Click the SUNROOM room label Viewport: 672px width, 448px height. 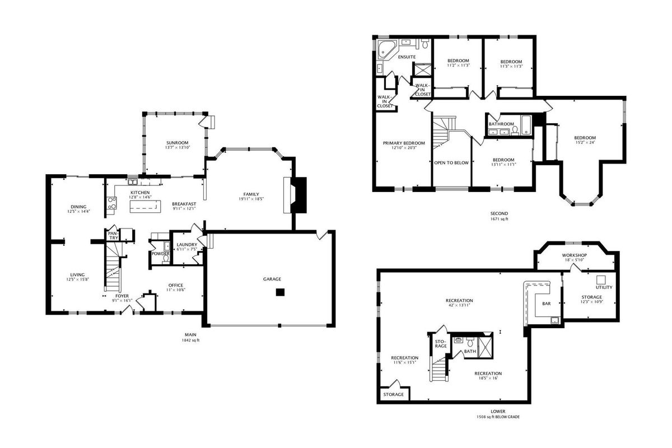click(x=178, y=143)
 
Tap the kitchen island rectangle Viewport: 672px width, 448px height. click(x=145, y=207)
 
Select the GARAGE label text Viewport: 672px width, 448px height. click(x=272, y=279)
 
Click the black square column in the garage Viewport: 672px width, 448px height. click(x=280, y=292)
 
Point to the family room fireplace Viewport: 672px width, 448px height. click(x=295, y=195)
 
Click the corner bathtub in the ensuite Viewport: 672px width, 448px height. click(x=387, y=49)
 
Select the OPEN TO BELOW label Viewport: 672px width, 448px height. click(x=451, y=163)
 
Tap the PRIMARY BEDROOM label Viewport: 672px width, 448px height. click(x=404, y=143)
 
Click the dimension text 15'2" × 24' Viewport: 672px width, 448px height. click(x=585, y=143)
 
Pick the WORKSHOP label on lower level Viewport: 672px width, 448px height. click(x=575, y=255)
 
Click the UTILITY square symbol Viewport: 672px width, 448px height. click(x=600, y=279)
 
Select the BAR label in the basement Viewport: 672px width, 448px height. click(x=547, y=304)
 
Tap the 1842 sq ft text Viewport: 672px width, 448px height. click(x=190, y=340)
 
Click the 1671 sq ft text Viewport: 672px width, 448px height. click(x=499, y=219)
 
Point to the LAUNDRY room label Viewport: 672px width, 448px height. click(x=187, y=245)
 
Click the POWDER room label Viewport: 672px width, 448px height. click(x=161, y=254)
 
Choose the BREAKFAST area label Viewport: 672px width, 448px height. click(x=184, y=204)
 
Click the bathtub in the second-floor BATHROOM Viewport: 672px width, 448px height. click(x=526, y=125)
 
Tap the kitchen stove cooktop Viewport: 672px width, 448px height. click(x=111, y=203)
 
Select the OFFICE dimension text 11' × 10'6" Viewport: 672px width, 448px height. click(x=176, y=290)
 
